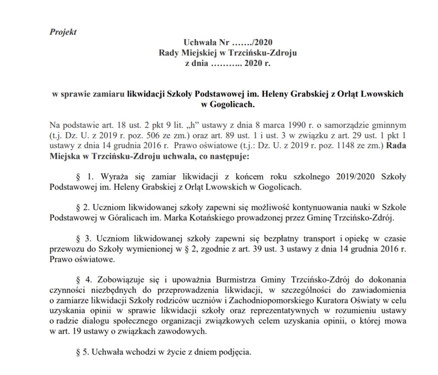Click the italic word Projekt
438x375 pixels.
63,32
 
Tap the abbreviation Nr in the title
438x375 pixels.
224,42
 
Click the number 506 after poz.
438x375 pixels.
153,136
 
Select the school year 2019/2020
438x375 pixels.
355,176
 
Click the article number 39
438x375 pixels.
257,249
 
